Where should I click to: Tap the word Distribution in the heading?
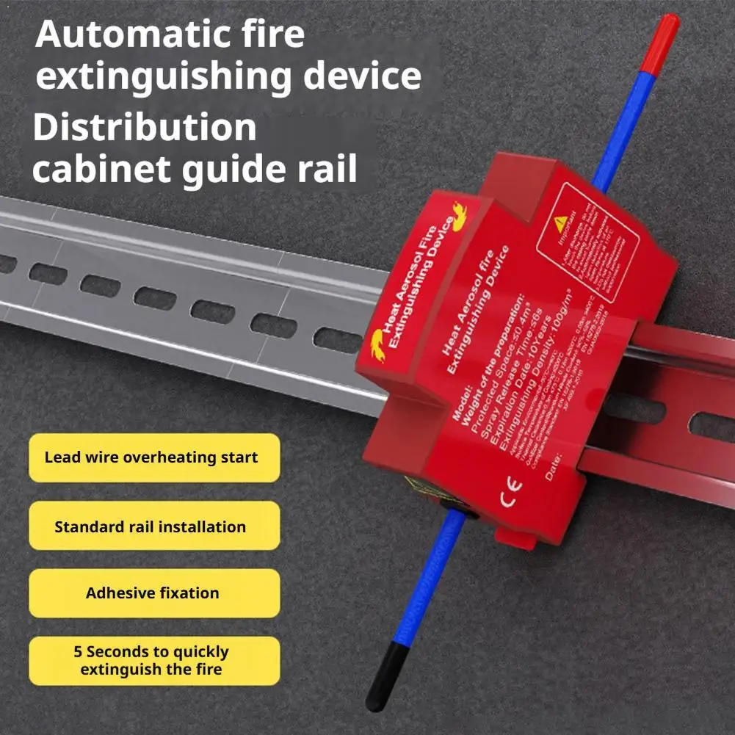click(x=145, y=128)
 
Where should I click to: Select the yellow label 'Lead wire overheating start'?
click(x=151, y=457)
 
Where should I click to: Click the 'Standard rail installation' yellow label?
click(x=151, y=526)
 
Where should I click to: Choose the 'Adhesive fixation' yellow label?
click(x=153, y=593)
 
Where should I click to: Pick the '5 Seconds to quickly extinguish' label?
click(x=151, y=660)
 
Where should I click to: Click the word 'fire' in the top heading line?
click(x=276, y=35)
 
